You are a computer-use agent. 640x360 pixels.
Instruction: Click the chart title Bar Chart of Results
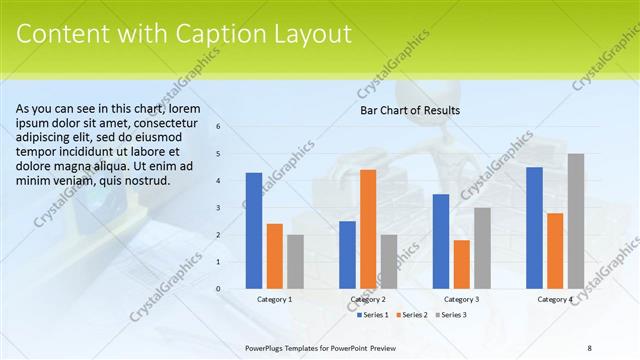410,110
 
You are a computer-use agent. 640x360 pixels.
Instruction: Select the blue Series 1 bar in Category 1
254,231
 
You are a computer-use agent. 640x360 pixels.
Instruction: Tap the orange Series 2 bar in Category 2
368,229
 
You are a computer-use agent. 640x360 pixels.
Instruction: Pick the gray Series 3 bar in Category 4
575,221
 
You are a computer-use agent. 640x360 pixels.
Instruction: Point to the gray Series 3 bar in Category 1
295,262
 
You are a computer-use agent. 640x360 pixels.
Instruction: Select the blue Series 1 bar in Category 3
441,241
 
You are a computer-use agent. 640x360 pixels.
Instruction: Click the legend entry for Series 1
373,314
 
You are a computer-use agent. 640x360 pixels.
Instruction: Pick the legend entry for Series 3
451,314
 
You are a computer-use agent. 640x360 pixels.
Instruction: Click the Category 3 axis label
461,299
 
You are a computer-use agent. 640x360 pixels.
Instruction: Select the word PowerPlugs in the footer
267,347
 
